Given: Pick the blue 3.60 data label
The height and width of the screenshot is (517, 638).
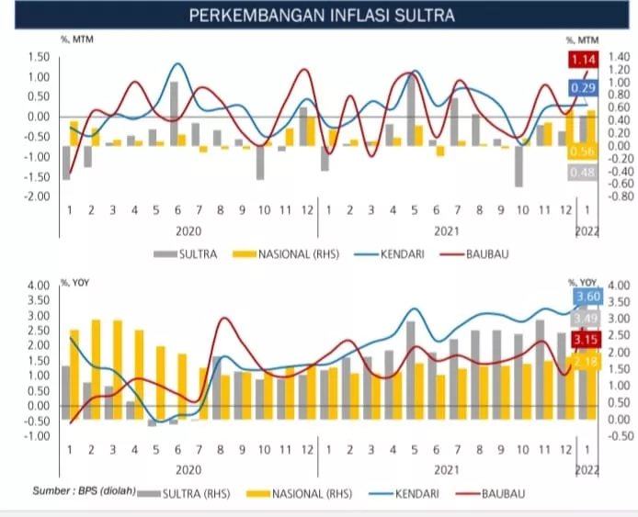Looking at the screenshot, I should point(587,297).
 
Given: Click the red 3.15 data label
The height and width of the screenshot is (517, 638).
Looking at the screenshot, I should point(587,341).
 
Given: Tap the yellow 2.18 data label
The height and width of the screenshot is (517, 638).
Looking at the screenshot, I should point(587,365).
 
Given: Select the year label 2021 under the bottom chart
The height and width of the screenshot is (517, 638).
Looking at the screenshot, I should point(447,469).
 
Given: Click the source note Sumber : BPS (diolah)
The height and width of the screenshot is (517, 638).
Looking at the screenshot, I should point(83,490).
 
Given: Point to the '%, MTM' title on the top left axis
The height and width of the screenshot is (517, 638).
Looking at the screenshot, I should point(77,40).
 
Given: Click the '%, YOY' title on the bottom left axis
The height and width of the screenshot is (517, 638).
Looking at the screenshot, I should point(75,283).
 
